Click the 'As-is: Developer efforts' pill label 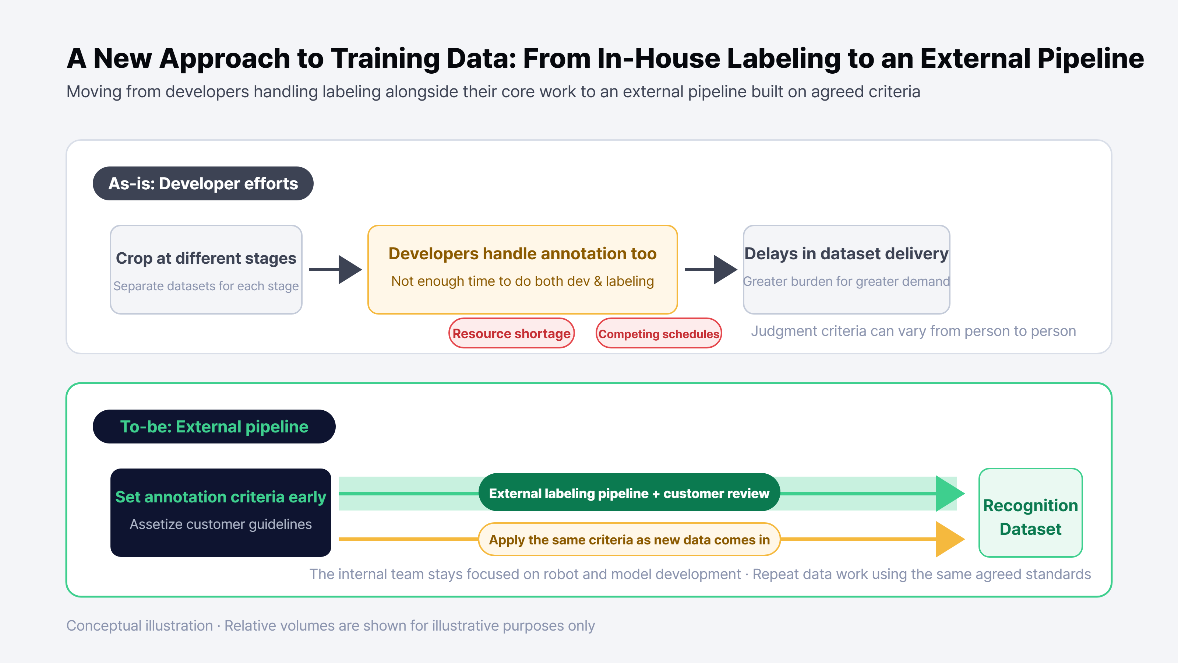pos(203,183)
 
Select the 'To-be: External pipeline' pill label pos(214,427)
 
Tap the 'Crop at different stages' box pos(206,270)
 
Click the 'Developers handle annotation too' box pos(522,270)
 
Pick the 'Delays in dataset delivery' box pos(846,270)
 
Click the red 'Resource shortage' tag pos(511,333)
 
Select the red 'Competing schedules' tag pos(659,333)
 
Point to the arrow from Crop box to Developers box pos(336,270)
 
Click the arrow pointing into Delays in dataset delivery pos(711,270)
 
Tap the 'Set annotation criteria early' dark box pos(221,512)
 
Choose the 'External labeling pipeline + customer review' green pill pos(629,493)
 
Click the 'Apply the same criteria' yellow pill pos(629,540)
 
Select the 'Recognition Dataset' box pos(1030,512)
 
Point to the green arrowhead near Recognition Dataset pos(949,493)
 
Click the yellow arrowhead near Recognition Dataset pos(949,539)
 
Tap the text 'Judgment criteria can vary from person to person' pos(913,331)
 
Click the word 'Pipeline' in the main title pos(1090,59)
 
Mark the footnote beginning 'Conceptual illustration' pos(331,625)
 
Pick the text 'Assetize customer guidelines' pos(221,524)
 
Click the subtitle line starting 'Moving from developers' pos(493,91)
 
